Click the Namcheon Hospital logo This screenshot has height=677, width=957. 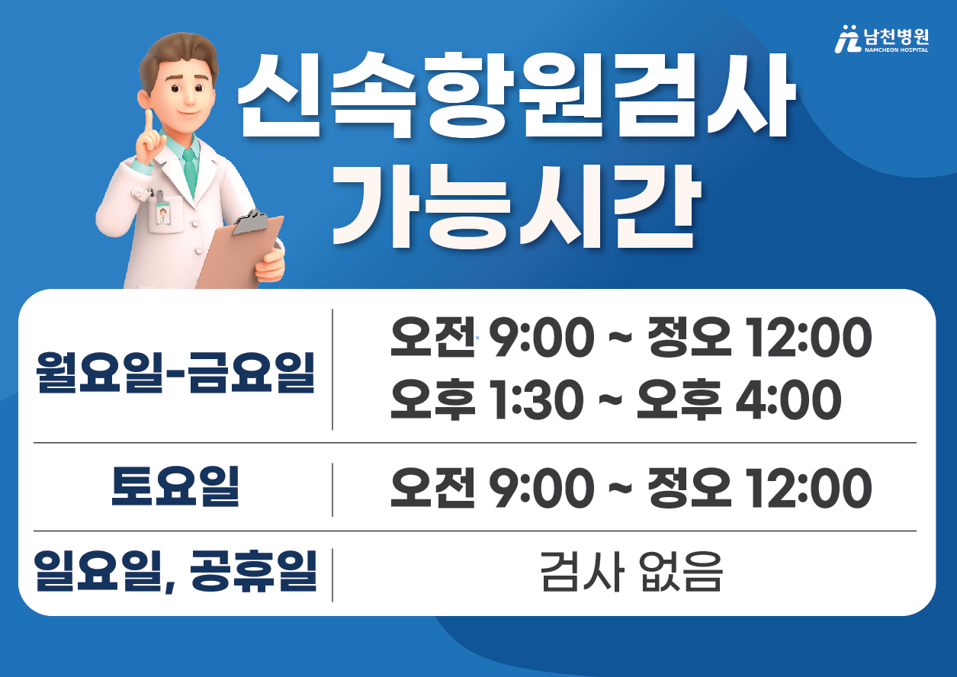point(882,39)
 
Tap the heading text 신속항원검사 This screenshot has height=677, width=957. point(517,95)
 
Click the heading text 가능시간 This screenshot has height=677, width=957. point(517,207)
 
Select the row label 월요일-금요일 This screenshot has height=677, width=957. point(175,373)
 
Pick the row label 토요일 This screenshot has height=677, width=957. point(175,486)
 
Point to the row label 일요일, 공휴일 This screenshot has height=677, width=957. point(175,571)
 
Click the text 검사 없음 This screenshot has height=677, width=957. point(631,572)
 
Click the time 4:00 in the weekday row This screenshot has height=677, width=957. point(788,400)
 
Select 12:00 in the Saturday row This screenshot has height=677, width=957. point(808,488)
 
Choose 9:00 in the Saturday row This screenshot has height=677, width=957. point(541,488)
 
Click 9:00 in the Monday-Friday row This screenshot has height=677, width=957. point(541,337)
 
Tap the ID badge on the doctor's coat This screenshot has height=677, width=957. point(162,214)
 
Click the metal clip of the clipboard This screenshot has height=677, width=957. point(251,222)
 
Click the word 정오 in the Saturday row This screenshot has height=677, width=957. point(689,488)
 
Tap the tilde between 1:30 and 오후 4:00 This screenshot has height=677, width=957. point(610,401)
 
